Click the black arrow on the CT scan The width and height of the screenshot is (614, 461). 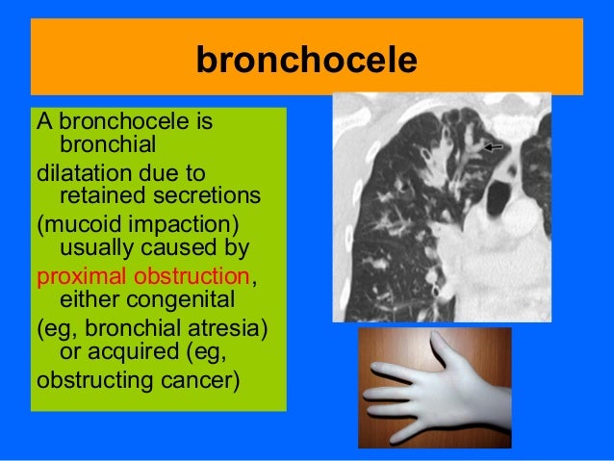(494, 146)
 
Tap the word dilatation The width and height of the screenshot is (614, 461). (83, 173)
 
